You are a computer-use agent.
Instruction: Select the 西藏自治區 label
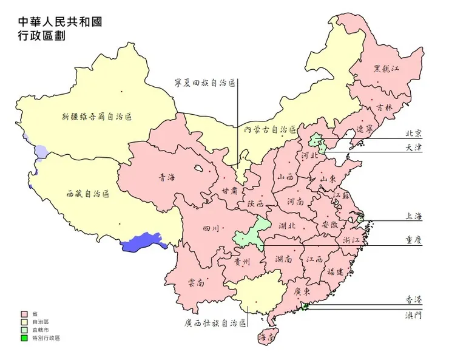[x=88, y=194]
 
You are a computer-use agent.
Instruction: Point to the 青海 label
[x=167, y=178]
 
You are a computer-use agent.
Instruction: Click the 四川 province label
[x=211, y=229]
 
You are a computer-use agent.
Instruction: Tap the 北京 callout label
[x=414, y=134]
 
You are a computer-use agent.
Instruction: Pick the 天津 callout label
[x=414, y=148]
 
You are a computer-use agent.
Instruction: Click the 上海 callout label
[x=414, y=216]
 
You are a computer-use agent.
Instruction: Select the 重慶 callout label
[x=414, y=240]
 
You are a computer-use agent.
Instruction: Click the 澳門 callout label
[x=414, y=315]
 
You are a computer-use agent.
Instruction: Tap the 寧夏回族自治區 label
[x=205, y=82]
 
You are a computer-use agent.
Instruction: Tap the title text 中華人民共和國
[x=60, y=22]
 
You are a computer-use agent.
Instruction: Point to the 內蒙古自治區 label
[x=269, y=129]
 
